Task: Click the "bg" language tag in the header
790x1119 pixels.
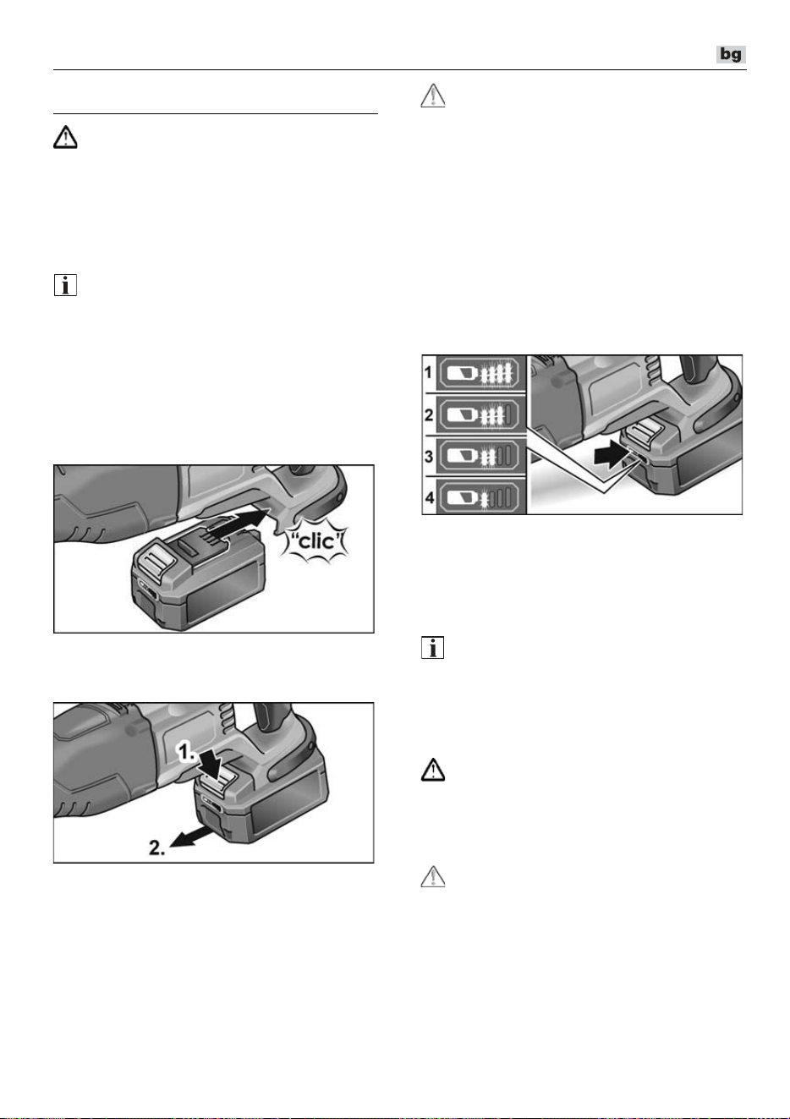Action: coord(731,54)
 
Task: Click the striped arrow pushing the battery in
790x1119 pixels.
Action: coord(235,526)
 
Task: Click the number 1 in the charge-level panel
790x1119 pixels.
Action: coord(429,372)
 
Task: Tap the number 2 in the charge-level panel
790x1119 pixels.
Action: coord(429,414)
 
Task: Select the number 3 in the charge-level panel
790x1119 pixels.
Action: coord(429,456)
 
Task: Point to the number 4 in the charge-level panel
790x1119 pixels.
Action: coord(429,497)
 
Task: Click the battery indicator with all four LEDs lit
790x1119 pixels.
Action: coord(480,373)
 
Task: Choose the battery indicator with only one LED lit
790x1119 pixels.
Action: coord(480,497)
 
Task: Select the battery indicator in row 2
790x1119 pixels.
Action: coord(480,414)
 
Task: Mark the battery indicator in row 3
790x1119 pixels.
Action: coord(480,456)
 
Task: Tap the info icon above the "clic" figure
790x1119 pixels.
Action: coord(65,285)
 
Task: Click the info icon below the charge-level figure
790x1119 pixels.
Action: coord(433,647)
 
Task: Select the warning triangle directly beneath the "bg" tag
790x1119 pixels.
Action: coord(433,96)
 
